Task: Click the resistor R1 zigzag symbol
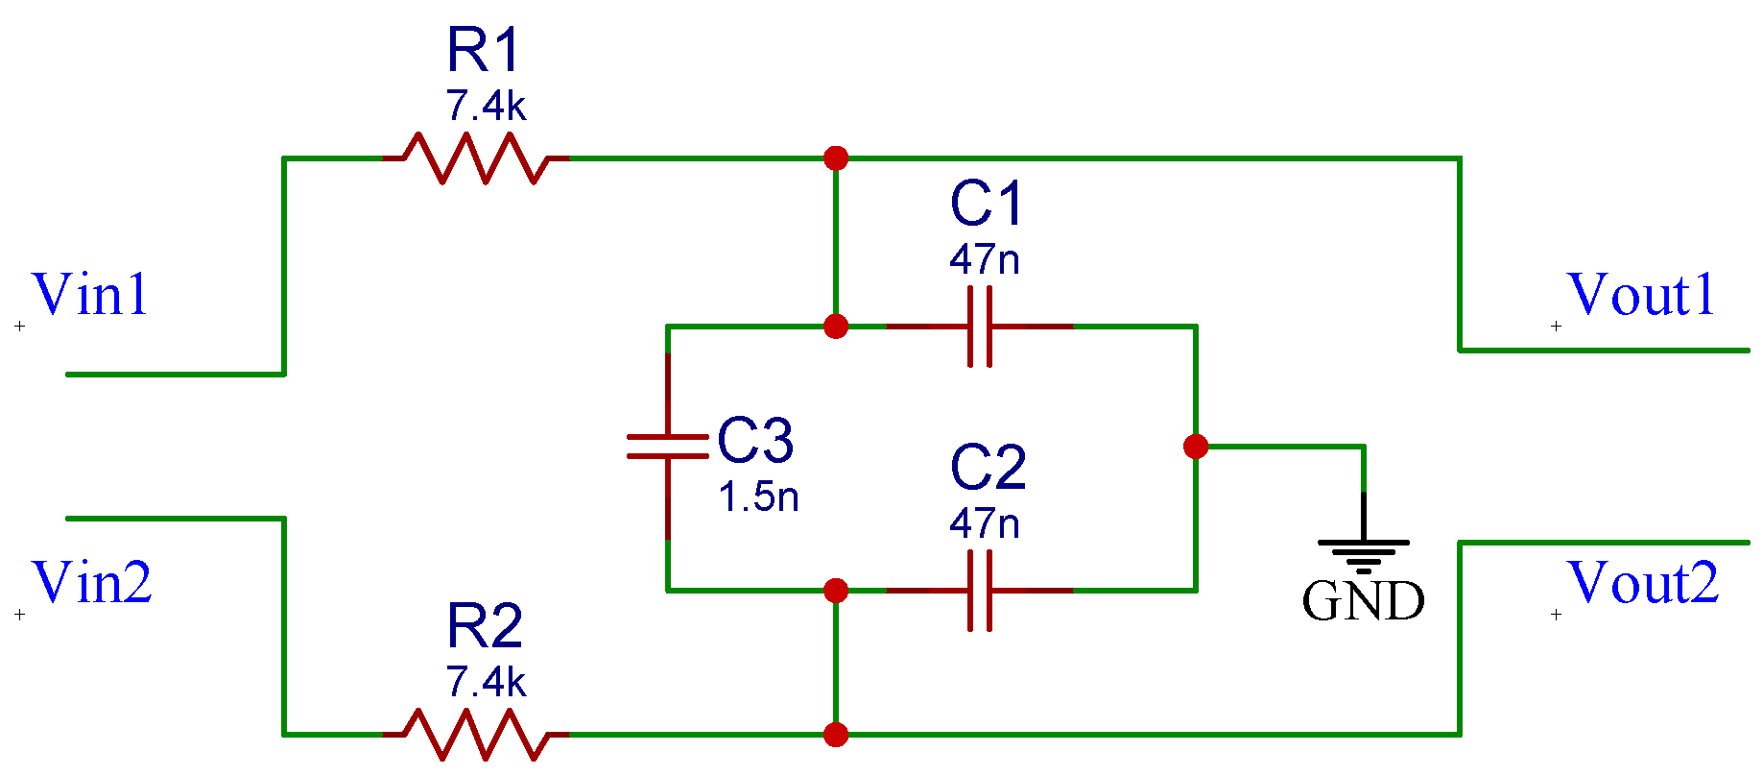(x=476, y=158)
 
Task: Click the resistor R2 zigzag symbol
(x=476, y=735)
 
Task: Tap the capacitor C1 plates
(x=979, y=327)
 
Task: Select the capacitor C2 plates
(x=979, y=591)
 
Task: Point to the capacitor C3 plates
(x=668, y=447)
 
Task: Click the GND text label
(x=1363, y=602)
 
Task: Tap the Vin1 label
(x=90, y=295)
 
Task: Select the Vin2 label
(x=92, y=583)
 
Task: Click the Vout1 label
(x=1640, y=295)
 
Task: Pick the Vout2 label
(x=1642, y=583)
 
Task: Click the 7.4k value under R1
(x=486, y=107)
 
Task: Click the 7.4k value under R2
(x=486, y=683)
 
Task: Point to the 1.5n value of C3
(x=758, y=497)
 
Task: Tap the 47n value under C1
(x=984, y=260)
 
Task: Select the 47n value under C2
(x=984, y=524)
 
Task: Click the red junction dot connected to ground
(x=1196, y=447)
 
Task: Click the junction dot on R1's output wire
(x=836, y=158)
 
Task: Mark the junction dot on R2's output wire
(x=836, y=735)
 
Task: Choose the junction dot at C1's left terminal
(x=836, y=327)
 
